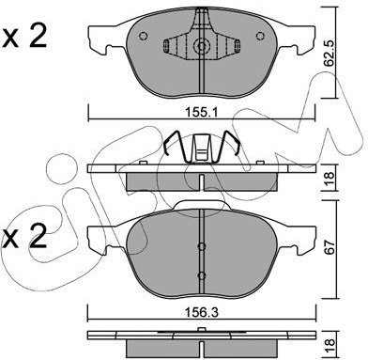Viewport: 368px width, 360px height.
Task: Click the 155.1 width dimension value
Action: (201, 112)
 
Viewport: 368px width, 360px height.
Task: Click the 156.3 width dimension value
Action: (202, 312)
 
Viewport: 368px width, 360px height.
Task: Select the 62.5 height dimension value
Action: (329, 53)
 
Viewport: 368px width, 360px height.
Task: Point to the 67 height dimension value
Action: (330, 247)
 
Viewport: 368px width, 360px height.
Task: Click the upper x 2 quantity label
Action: (24, 37)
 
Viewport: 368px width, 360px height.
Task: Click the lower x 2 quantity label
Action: (24, 236)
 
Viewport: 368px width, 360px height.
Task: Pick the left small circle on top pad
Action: (143, 37)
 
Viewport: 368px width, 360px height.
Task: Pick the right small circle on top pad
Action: (260, 37)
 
